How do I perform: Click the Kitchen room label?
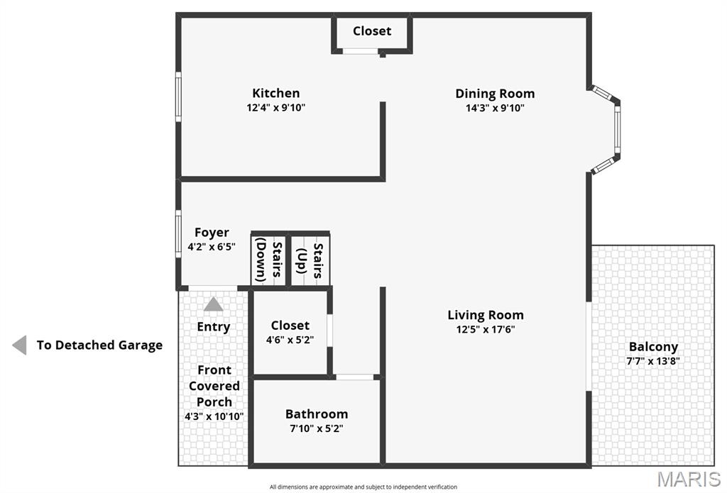[x=275, y=93]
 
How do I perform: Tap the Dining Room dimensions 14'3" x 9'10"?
[x=495, y=108]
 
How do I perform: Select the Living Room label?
[x=486, y=315]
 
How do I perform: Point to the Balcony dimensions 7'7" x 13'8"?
[x=653, y=361]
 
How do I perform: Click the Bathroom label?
[x=317, y=414]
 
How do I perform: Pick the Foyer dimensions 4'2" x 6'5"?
[x=212, y=247]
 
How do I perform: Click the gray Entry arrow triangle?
[x=214, y=304]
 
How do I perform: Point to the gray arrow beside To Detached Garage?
[x=19, y=345]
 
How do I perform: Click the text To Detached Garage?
[x=99, y=345]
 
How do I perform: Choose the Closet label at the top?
[x=372, y=31]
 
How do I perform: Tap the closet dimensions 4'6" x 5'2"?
[x=290, y=340]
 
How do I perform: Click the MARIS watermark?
[x=689, y=479]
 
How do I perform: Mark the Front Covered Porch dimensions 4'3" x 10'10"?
[x=214, y=416]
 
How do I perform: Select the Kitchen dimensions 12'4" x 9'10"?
[x=275, y=108]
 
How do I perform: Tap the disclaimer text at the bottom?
[x=363, y=487]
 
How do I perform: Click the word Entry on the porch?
[x=214, y=327]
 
